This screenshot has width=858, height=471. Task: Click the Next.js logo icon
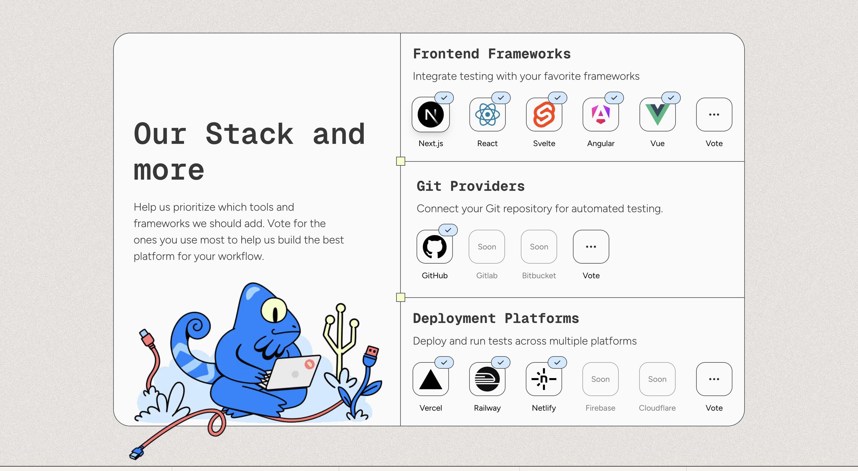pos(431,114)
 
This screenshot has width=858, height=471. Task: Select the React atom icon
pos(487,114)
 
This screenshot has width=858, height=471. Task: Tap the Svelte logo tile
pos(544,114)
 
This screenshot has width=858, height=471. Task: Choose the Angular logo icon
pos(601,114)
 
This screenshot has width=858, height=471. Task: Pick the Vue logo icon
pos(657,114)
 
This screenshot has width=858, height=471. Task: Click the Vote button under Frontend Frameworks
pos(714,114)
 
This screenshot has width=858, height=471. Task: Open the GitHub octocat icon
pos(435,247)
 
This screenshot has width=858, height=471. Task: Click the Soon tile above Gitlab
pos(487,247)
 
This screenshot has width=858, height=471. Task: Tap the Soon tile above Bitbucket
pos(539,247)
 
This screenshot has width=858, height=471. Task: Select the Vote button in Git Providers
pos(591,247)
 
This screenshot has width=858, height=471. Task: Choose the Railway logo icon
pos(487,379)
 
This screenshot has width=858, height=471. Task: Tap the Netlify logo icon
pos(544,379)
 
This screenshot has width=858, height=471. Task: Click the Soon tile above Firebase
pos(600,379)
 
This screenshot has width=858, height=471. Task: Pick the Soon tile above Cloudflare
pos(657,379)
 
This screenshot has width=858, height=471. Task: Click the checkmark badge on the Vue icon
pos(671,98)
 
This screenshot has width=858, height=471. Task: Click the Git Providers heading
pos(471,186)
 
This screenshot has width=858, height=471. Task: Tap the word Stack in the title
pos(250,134)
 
